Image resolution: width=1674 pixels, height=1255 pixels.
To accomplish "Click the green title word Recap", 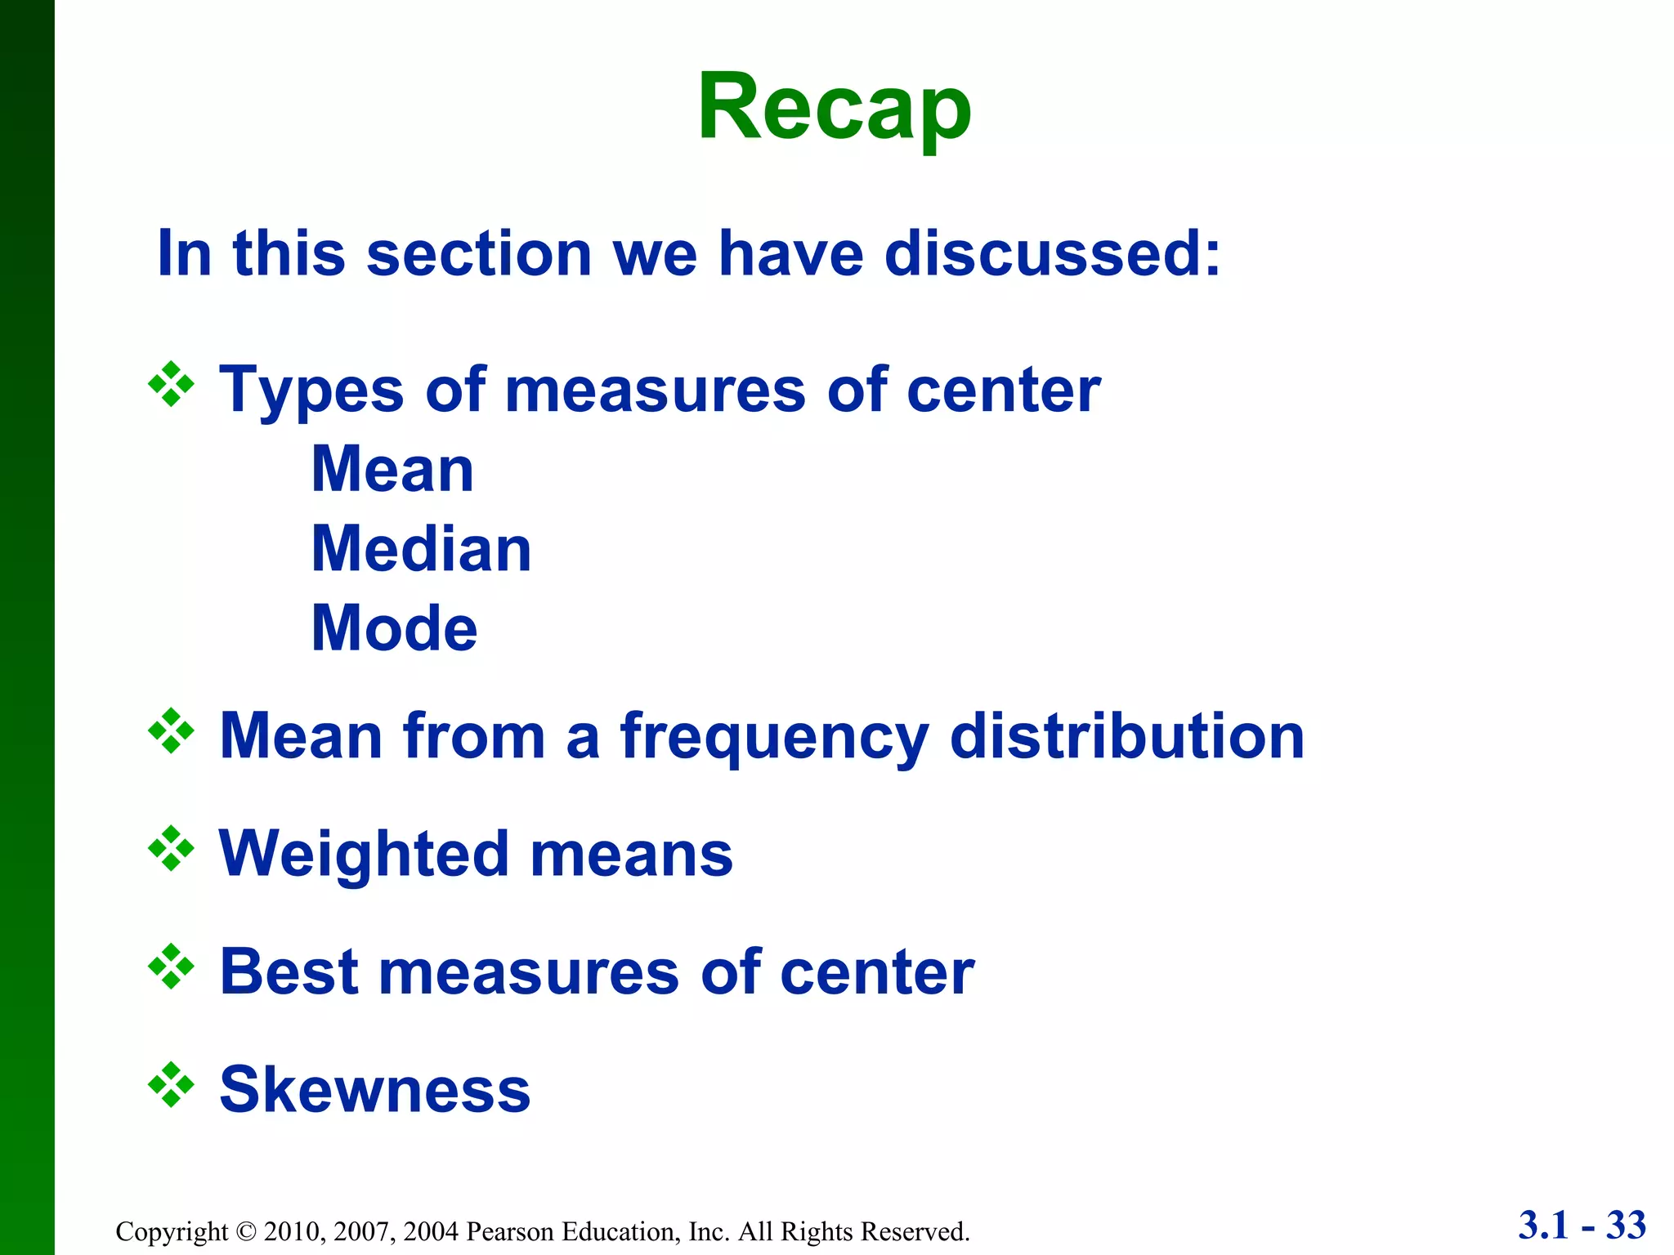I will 834,108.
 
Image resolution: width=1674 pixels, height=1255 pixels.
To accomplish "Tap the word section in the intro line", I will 479,253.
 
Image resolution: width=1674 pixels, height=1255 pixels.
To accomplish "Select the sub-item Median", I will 422,549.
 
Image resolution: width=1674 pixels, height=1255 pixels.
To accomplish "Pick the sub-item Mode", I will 395,628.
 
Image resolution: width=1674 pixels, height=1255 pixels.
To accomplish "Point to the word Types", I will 311,391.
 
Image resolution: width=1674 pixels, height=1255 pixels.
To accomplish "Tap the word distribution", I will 1127,736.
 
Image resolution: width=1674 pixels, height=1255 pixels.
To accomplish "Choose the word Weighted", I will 365,855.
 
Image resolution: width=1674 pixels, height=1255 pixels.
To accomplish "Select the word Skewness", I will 375,1090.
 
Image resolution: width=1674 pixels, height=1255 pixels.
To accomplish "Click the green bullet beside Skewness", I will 171,1085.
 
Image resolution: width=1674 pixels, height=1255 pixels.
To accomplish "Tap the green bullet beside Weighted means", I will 171,849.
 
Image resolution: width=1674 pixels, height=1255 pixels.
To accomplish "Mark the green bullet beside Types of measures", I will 171,384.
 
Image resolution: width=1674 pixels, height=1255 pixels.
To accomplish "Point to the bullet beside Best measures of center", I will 171,967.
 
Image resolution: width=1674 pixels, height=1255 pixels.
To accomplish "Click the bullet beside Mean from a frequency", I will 171,730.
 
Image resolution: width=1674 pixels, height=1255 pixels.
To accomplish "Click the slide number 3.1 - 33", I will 1582,1226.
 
